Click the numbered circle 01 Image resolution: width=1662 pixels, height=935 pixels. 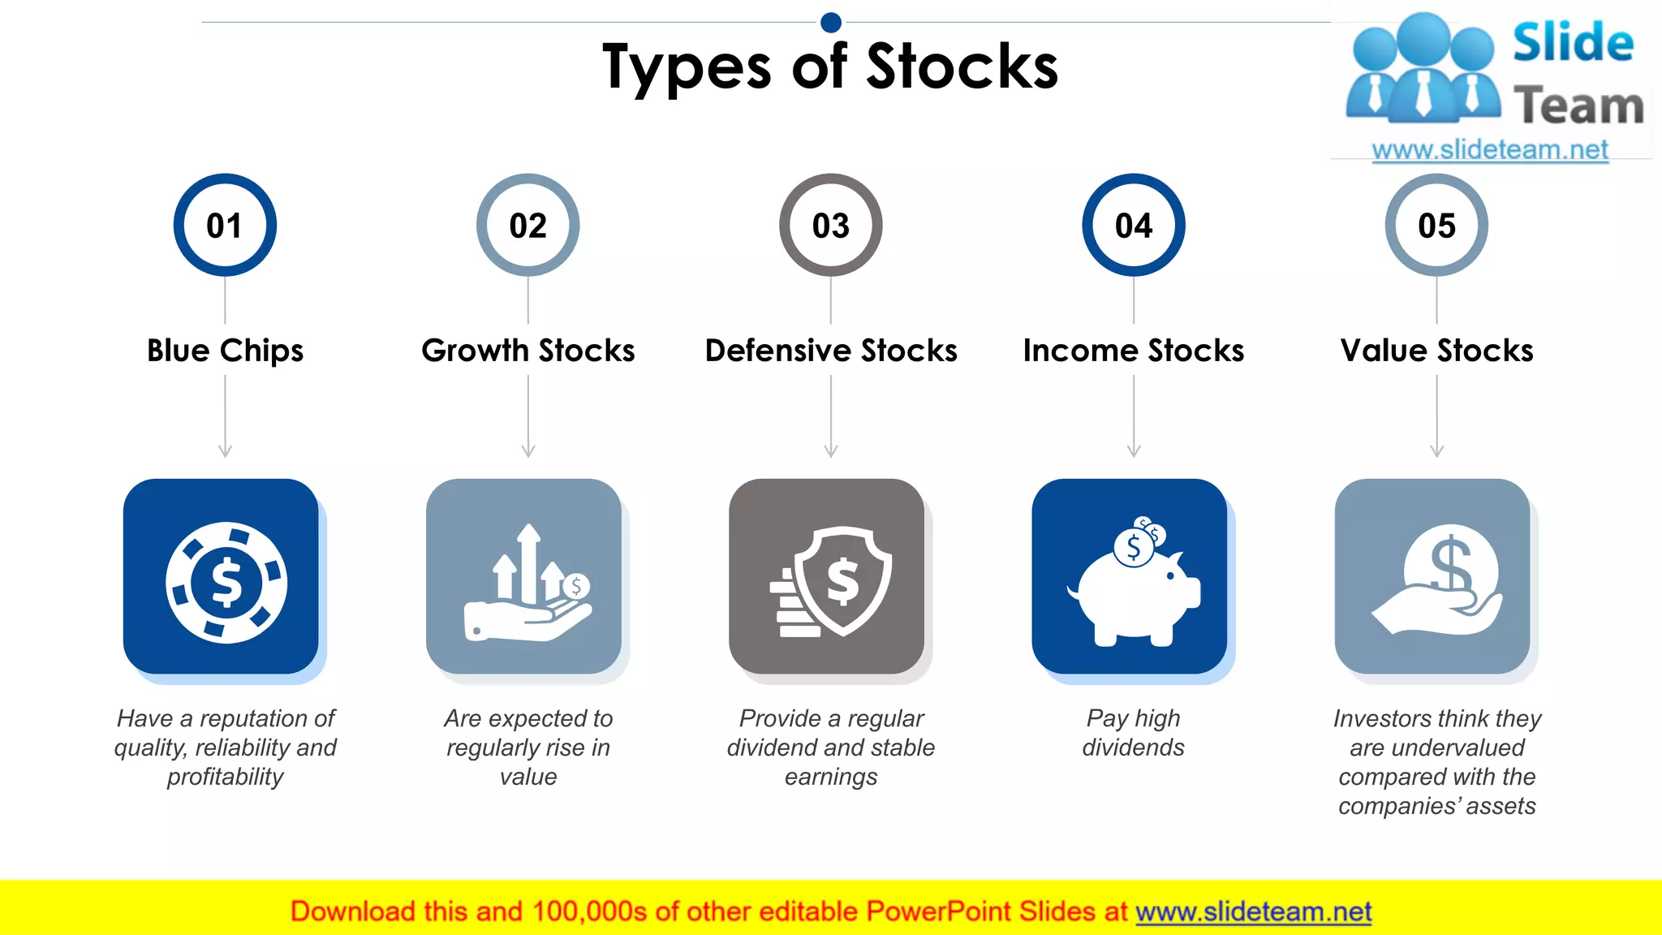click(x=225, y=225)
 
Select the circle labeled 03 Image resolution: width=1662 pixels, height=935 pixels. click(x=830, y=225)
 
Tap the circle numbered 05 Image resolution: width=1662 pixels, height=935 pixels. click(x=1436, y=225)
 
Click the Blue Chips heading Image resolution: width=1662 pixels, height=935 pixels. click(x=225, y=351)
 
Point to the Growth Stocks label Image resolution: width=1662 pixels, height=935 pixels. click(x=527, y=351)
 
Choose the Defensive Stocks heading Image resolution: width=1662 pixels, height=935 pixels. click(x=830, y=351)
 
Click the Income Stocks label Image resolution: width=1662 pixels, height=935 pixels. click(x=1133, y=351)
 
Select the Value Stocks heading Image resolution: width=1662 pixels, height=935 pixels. click(x=1436, y=351)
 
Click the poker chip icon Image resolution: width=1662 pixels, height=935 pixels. click(x=226, y=582)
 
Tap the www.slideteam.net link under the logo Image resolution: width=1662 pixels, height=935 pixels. click(x=1490, y=150)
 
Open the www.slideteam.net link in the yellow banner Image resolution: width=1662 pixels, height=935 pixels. click(x=1253, y=911)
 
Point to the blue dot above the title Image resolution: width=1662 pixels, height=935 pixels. click(x=831, y=22)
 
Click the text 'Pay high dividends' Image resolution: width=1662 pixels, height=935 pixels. click(x=1133, y=732)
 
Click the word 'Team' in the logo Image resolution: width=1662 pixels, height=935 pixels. click(x=1578, y=106)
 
